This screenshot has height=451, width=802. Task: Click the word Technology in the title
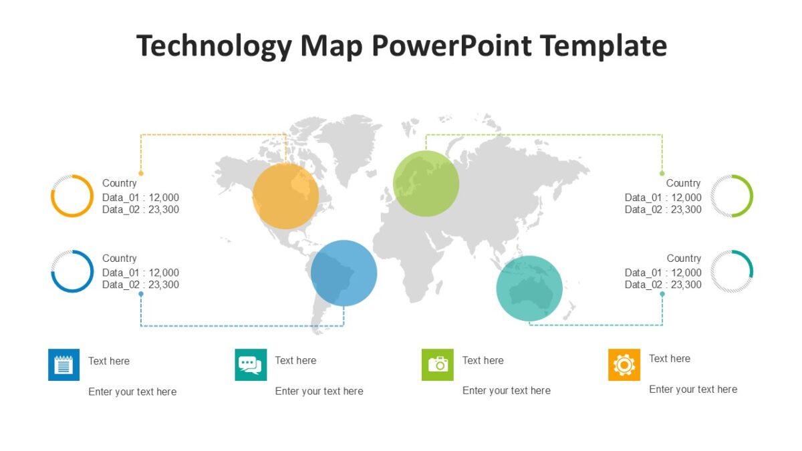[214, 46]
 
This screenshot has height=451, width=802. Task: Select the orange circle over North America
[286, 196]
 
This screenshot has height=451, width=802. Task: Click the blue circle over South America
[344, 273]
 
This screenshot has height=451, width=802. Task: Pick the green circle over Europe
[426, 184]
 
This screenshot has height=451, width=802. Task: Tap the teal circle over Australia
[529, 288]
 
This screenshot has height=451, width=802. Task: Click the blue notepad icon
[63, 365]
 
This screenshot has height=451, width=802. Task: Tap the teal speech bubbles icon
[251, 365]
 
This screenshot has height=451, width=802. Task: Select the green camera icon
[438, 365]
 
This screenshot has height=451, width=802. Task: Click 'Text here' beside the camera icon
[483, 360]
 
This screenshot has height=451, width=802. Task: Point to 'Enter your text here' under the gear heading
[693, 389]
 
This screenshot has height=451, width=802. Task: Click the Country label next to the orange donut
[119, 183]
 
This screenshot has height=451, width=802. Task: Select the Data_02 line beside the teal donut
[663, 285]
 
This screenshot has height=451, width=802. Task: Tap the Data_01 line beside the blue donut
[140, 273]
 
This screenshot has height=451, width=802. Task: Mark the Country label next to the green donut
[683, 183]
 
